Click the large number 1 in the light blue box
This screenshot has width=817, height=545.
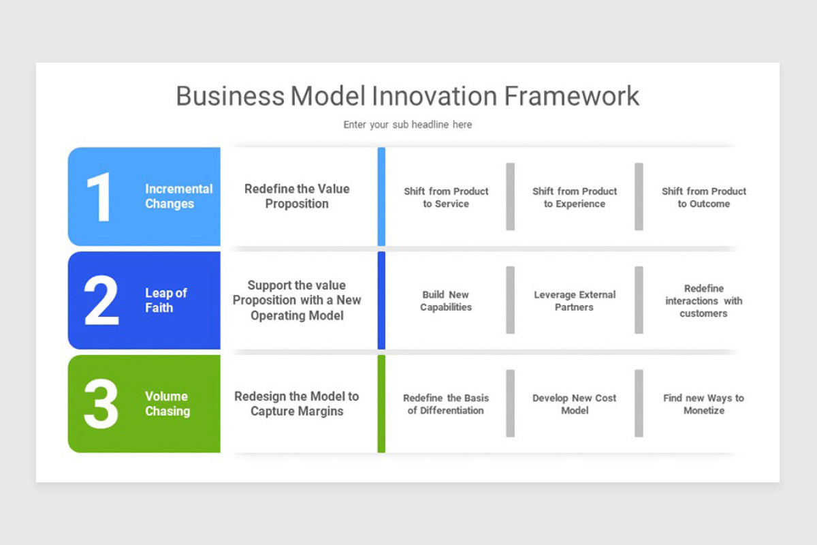tap(100, 197)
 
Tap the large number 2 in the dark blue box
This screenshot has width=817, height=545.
tap(101, 300)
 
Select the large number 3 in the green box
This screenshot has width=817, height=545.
tap(101, 403)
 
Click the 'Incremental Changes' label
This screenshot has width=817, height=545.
tap(178, 196)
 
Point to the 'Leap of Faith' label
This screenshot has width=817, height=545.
tap(165, 300)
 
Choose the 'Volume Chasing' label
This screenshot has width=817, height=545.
tap(167, 403)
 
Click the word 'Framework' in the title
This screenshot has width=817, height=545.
tap(571, 96)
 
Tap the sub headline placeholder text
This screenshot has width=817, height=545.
tap(407, 125)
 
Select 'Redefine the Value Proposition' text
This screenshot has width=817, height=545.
tap(297, 196)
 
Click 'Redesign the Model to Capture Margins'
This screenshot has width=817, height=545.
tap(297, 403)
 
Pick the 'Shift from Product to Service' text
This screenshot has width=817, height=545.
tap(446, 198)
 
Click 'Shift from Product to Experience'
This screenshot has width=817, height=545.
tap(575, 198)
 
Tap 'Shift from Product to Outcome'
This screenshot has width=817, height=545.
tap(704, 198)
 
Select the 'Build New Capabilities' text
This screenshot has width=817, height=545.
tap(446, 300)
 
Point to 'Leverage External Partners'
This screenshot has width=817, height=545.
tap(575, 300)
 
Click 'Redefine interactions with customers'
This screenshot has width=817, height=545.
tap(704, 300)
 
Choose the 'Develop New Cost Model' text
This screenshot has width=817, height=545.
tap(575, 404)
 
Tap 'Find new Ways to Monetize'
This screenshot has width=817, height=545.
tap(704, 404)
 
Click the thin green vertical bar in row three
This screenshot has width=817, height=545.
tap(381, 403)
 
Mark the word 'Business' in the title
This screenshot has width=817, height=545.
tap(230, 96)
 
